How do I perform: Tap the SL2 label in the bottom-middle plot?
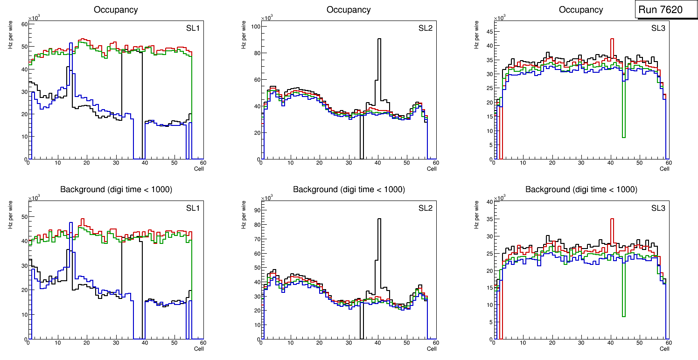tap(425, 208)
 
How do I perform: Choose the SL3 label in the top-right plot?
tap(658, 28)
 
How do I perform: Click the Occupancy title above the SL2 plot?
tap(349, 10)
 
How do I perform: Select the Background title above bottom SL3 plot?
tap(581, 189)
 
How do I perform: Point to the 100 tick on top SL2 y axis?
tap(255, 27)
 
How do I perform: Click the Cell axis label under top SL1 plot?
tap(199, 168)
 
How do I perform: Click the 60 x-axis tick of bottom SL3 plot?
tap(668, 343)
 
